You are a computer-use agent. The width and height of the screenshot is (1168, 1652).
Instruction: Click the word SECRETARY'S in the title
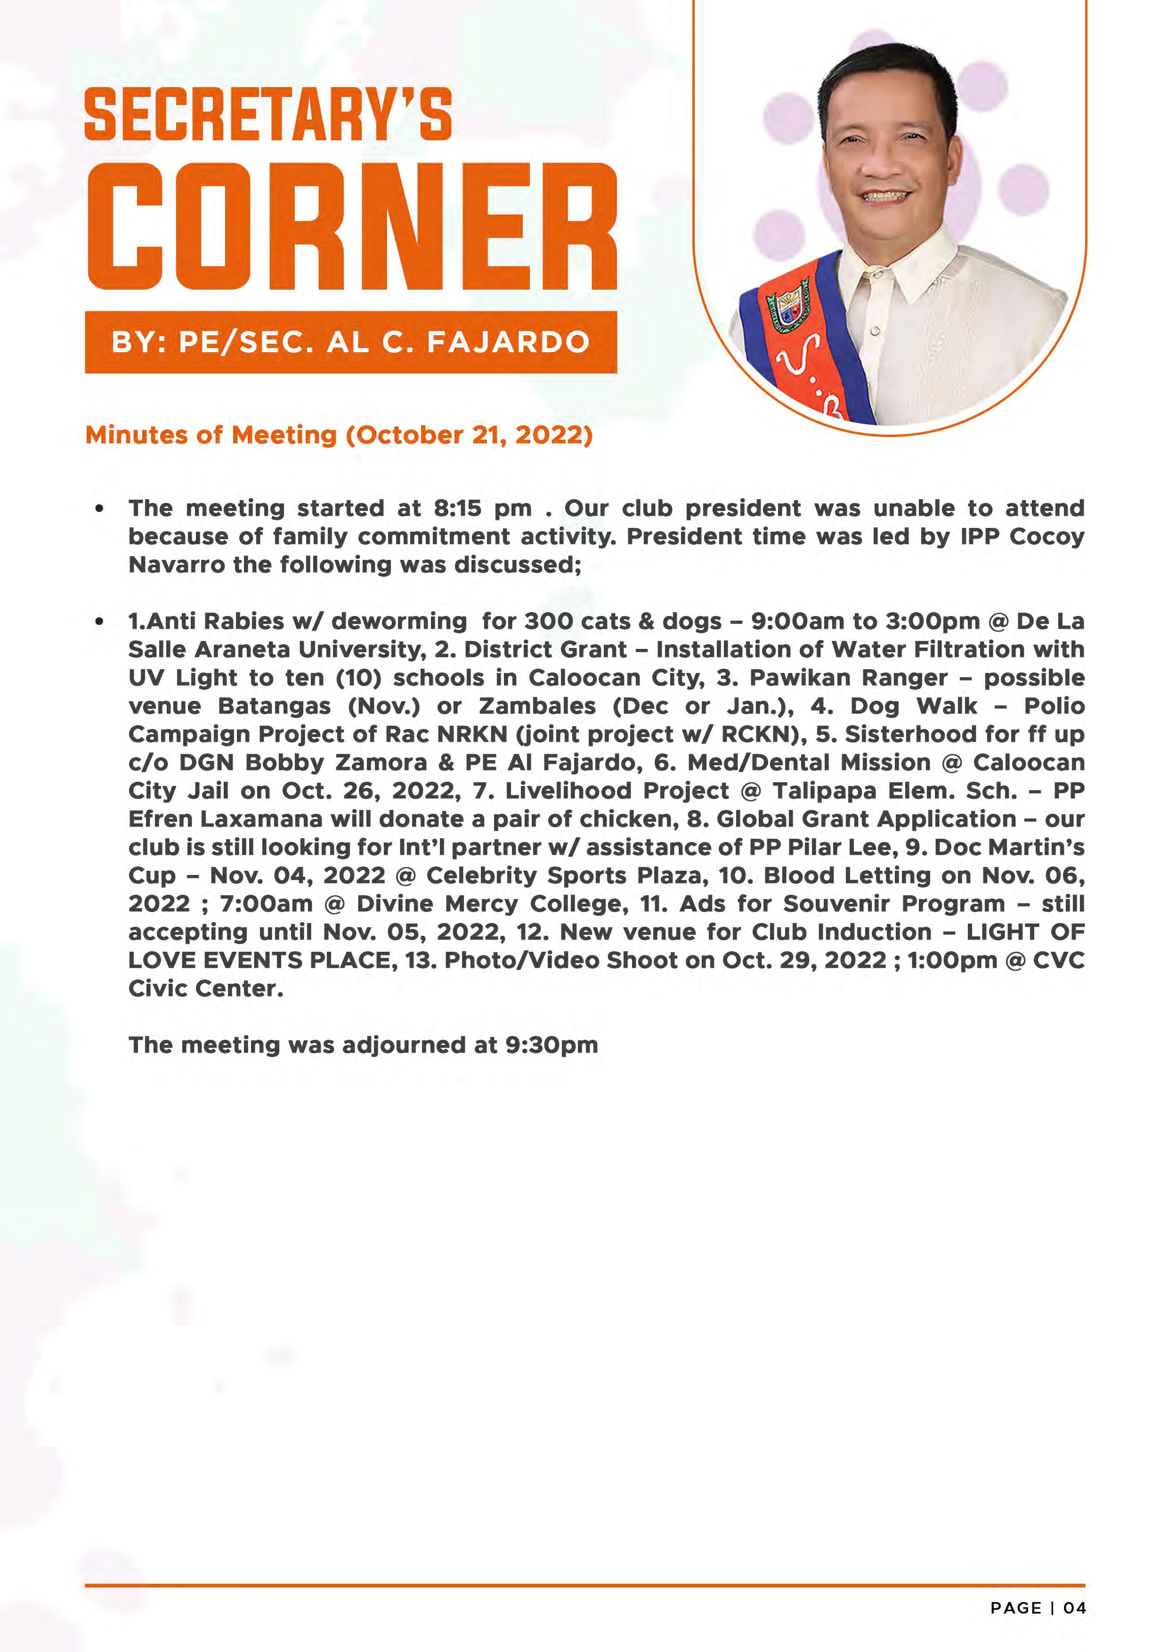(x=268, y=115)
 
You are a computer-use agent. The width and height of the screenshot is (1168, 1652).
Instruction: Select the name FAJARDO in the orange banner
(x=508, y=342)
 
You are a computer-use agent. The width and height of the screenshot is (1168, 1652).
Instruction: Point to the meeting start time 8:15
(x=457, y=509)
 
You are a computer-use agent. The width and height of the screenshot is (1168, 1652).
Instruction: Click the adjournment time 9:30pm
(x=551, y=1045)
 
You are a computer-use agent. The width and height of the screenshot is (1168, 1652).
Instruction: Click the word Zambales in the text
(x=537, y=706)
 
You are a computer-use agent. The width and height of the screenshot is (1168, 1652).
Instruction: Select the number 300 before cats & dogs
(x=549, y=622)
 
